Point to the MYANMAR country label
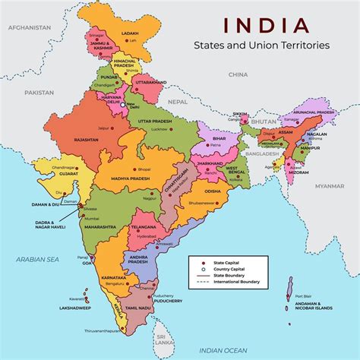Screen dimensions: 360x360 (330, 185)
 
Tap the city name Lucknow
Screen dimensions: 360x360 (161, 131)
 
